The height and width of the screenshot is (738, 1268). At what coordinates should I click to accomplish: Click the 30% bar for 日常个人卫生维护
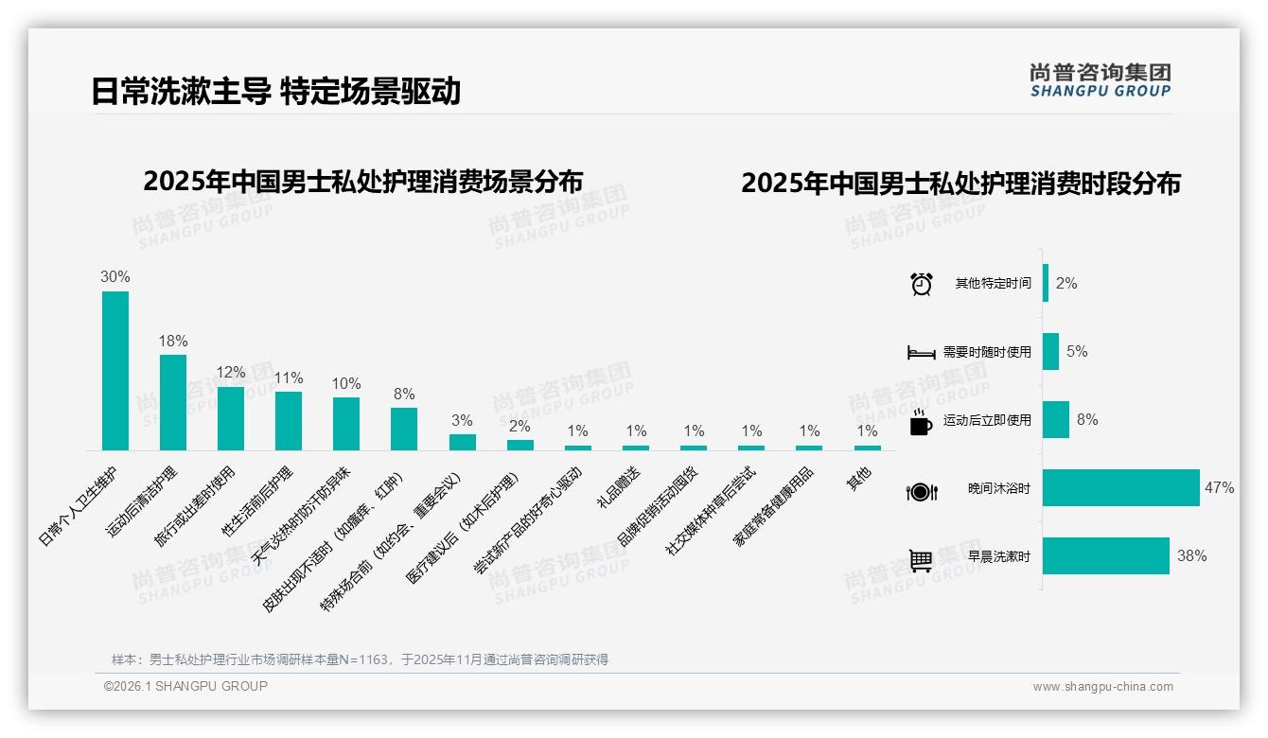(115, 370)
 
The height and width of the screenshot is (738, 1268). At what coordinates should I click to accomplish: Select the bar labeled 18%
(173, 402)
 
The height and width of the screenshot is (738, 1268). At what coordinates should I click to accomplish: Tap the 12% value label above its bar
(231, 373)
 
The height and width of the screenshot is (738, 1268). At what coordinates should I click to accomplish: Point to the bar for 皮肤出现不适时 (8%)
(404, 429)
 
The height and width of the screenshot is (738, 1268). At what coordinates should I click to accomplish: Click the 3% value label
(462, 421)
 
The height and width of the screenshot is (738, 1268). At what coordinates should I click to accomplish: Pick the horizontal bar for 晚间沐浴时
(1121, 488)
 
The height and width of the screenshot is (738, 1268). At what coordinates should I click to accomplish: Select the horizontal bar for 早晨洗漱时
(1106, 556)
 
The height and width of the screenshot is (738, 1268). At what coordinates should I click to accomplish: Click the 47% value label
(1219, 488)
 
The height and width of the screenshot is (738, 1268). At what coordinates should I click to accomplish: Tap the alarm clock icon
(922, 284)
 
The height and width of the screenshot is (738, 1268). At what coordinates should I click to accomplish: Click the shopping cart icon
(921, 560)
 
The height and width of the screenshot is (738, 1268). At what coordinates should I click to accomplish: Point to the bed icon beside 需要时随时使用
(921, 353)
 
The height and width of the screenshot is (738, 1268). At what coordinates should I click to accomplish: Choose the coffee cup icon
(921, 422)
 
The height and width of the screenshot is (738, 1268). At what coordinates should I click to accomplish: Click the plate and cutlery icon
(921, 491)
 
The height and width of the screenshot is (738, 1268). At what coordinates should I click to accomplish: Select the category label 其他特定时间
(993, 284)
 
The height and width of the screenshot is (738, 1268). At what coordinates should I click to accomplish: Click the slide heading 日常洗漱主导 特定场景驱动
(275, 91)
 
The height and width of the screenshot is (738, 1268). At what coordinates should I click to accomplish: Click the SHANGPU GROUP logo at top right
(1100, 79)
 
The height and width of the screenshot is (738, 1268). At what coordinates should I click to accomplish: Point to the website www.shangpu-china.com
(1102, 687)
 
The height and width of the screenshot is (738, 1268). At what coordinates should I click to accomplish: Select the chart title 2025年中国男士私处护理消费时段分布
(960, 183)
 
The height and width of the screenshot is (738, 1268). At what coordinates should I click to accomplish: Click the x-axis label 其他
(858, 478)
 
